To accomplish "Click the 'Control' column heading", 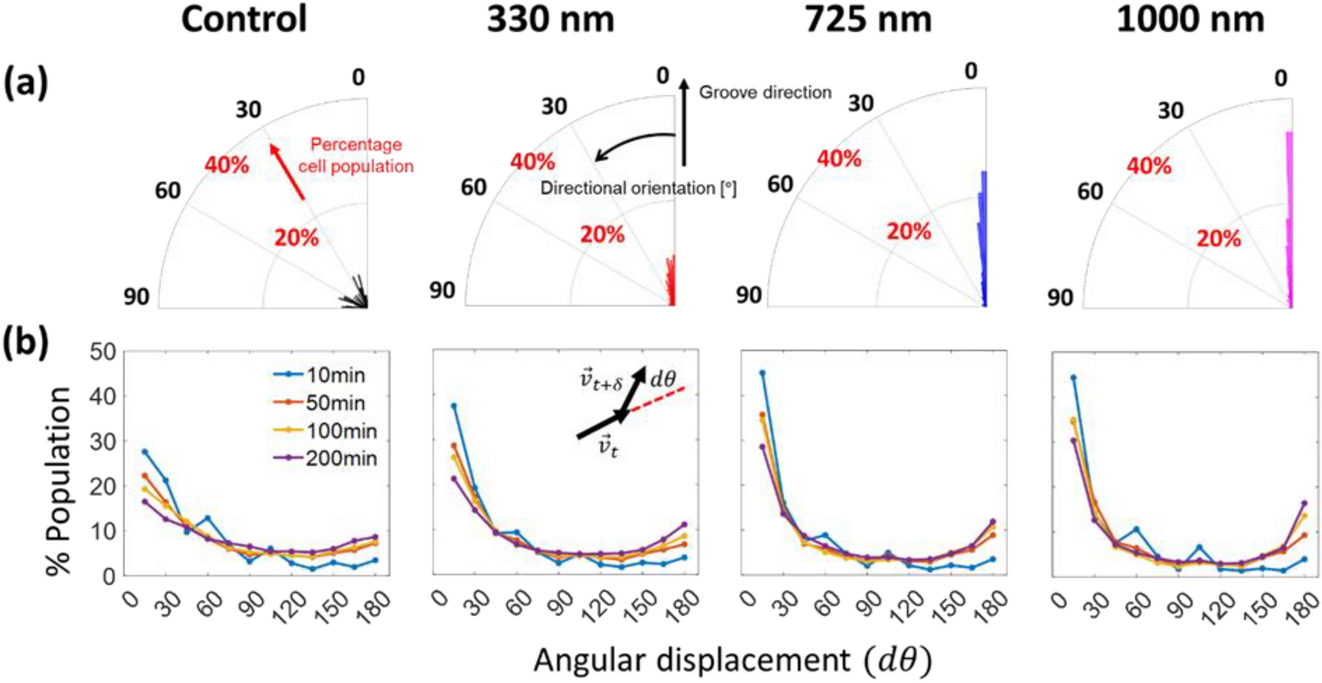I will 243,19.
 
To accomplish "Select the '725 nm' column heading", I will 868,19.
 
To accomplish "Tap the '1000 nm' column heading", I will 1190,19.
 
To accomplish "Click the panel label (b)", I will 26,342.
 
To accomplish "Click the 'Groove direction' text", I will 765,93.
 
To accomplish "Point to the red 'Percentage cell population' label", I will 356,155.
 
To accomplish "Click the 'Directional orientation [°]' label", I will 638,188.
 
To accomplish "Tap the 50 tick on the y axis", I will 102,351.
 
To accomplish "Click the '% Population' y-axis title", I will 58,480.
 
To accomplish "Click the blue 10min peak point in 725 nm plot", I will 762,373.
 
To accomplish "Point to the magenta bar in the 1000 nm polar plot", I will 1289,217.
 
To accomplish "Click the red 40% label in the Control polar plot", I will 226,165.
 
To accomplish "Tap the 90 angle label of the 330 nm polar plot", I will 442,290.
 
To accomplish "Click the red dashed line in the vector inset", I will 657,399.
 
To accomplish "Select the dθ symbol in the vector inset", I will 662,379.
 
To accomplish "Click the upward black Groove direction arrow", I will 683,120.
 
